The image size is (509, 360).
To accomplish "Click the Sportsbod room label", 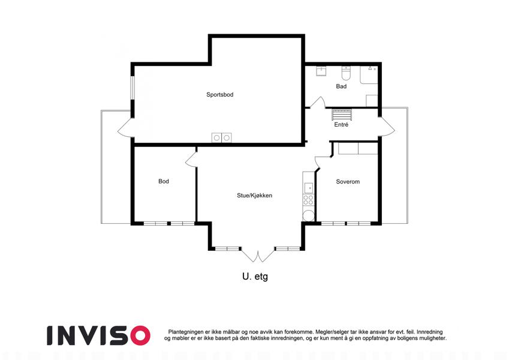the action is [220, 95].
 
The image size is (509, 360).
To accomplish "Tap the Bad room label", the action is [341, 86].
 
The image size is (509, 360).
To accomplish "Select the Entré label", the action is [341, 124].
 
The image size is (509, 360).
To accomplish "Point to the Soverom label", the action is [348, 182].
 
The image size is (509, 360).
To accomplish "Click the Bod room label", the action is [164, 181].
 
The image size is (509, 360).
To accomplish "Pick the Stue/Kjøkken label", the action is [254, 195].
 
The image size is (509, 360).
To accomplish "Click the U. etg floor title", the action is [255, 277].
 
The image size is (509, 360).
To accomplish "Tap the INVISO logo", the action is [99, 335].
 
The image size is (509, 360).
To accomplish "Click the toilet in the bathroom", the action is [346, 73].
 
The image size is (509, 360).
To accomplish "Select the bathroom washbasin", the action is [321, 71].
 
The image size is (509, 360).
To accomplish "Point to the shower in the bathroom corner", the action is [369, 75].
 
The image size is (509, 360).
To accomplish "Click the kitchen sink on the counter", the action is [308, 188].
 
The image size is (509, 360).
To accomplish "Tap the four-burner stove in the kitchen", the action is [308, 200].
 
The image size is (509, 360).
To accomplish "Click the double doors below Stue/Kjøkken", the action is [258, 256].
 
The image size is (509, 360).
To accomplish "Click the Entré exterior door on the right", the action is [387, 127].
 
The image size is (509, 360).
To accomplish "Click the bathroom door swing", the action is [318, 102].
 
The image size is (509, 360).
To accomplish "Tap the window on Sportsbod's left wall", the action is [132, 88].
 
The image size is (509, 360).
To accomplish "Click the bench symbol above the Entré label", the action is [342, 115].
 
